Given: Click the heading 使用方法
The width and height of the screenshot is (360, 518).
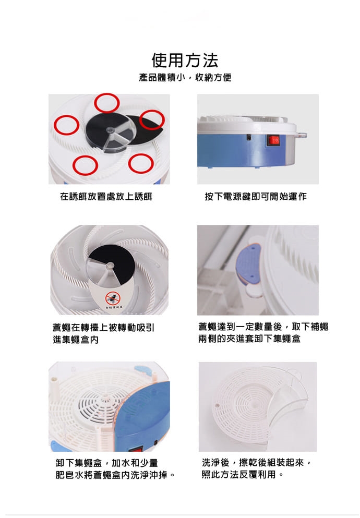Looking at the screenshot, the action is pos(185,60).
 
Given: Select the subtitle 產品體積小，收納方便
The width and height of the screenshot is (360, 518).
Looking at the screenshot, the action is pos(185,78).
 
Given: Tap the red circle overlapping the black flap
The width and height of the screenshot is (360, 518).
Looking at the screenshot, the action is pos(152,119).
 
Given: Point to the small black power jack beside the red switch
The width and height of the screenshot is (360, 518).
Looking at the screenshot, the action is pos(249,137).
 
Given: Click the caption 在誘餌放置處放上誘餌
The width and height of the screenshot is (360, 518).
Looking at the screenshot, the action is pos(106,197).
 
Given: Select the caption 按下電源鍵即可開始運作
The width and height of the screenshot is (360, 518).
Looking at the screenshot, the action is pos(256,197).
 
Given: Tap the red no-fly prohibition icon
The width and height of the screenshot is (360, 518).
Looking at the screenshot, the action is pos(113,298).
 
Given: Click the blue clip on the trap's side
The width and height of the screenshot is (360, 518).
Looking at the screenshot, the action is pos(248,266).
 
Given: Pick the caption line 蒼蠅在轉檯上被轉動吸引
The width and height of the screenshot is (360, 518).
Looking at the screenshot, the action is pos(103,328).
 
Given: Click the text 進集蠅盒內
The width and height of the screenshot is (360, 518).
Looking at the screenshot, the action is pos(76,340).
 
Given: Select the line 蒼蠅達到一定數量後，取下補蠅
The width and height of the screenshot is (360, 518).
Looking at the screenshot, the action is pos(263,327).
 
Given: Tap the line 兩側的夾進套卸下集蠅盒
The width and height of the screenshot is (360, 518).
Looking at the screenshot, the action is pos(249,339).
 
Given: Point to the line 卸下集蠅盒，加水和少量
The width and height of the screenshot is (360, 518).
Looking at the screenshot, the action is pos(106,463).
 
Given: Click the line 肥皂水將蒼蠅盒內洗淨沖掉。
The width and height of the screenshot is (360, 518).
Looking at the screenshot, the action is pos(115,475).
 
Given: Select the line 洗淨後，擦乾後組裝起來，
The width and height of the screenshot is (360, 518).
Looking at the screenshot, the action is pos(256,463).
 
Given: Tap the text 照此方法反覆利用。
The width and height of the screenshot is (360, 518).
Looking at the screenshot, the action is pos(243,475).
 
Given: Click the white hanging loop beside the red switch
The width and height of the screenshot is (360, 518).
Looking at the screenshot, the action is pos(302,135).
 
